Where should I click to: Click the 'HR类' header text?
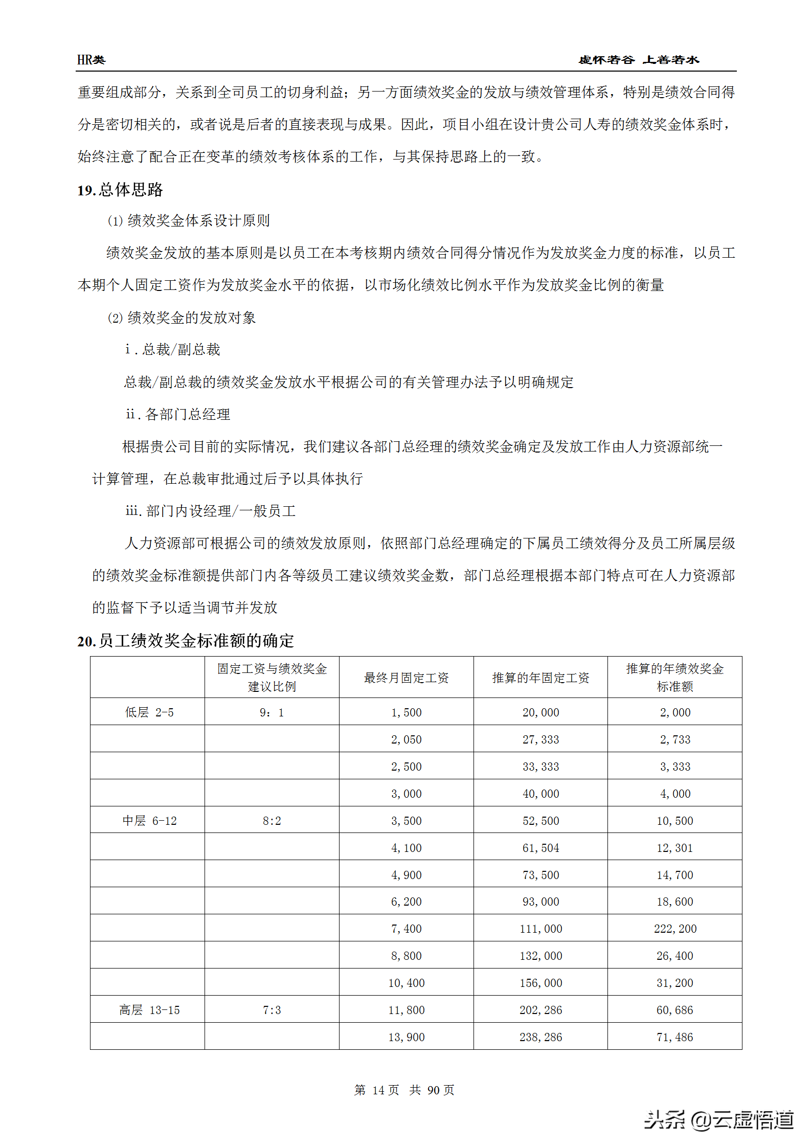[91, 60]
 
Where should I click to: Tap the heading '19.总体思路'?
[120, 190]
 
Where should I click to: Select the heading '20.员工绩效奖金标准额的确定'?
[186, 640]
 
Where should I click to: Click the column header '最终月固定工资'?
[406, 678]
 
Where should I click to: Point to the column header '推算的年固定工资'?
[540, 678]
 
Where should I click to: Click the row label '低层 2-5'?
[149, 712]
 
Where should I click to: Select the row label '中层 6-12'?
[149, 821]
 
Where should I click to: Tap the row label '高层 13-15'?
[149, 1010]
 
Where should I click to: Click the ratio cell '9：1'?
[272, 712]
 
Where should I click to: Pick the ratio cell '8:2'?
[272, 821]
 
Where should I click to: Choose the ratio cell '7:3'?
[272, 1010]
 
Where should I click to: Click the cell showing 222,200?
[675, 929]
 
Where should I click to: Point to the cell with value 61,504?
[540, 848]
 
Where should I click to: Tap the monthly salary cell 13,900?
[406, 1037]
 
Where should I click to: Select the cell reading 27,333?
[540, 739]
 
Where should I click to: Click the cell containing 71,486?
[675, 1037]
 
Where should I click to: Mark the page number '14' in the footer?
[378, 1090]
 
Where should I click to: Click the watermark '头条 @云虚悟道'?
[718, 1120]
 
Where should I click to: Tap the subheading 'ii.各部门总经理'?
[178, 414]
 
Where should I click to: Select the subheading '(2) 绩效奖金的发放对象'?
[182, 318]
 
